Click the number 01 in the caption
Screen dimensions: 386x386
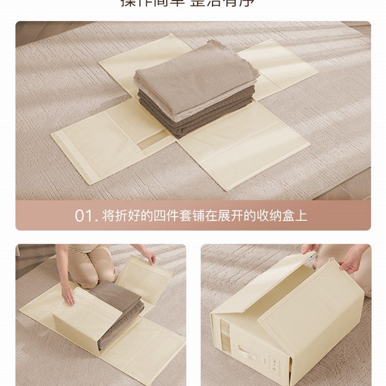(83, 215)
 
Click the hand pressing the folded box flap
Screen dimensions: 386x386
(68, 295)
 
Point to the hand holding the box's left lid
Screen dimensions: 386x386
(311, 249)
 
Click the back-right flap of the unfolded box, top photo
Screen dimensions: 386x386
(280, 68)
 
